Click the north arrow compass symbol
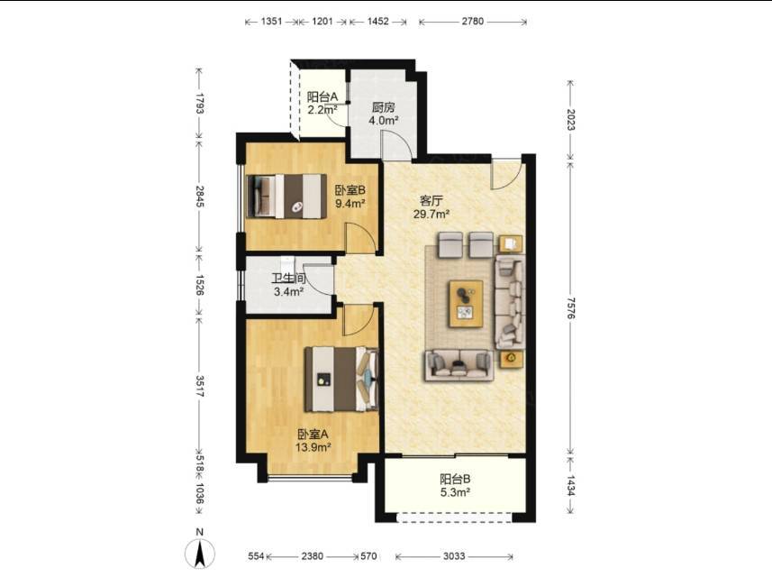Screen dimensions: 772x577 [x=199, y=552]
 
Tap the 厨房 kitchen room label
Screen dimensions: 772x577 [x=384, y=107]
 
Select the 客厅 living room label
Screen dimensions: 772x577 [x=431, y=200]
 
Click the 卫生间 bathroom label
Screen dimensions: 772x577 [x=288, y=279]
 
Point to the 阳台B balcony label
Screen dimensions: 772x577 [x=455, y=479]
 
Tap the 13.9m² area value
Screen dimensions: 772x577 [x=313, y=447]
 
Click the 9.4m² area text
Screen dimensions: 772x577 [x=350, y=203]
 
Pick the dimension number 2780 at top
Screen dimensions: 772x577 [x=473, y=22]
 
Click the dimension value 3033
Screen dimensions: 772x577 [x=454, y=556]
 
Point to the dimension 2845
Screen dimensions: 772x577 [x=199, y=197]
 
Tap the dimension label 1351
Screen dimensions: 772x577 [x=271, y=22]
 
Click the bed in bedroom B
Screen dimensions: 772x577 [x=286, y=197]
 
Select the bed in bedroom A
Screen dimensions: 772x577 [x=341, y=379]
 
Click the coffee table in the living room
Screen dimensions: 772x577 [x=465, y=304]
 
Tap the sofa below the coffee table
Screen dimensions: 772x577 [x=459, y=365]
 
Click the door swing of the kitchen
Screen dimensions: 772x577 [x=397, y=145]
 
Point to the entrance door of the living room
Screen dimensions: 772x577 [x=506, y=174]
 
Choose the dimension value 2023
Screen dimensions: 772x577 [x=570, y=120]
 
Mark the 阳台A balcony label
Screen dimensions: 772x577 [x=322, y=96]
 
